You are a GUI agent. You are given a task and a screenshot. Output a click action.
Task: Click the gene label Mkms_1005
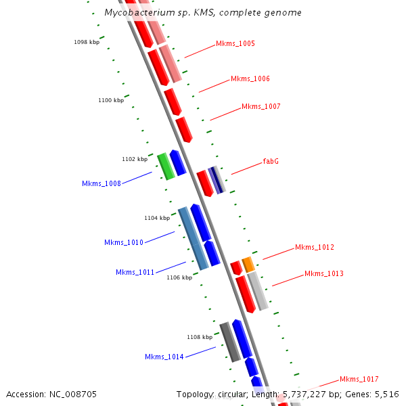(235, 44)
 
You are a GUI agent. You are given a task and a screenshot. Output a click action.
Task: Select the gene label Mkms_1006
(250, 79)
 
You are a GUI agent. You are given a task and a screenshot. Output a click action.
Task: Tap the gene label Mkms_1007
(261, 107)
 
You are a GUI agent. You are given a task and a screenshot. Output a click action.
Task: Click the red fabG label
(271, 162)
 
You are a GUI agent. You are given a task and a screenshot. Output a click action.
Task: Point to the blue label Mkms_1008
(101, 184)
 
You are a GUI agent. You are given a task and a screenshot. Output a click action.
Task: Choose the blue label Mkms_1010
(124, 242)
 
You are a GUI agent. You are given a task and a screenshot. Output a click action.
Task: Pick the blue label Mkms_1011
(135, 273)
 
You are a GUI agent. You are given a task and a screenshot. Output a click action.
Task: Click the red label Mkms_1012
(315, 248)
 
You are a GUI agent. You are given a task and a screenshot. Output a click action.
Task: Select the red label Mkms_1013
(324, 274)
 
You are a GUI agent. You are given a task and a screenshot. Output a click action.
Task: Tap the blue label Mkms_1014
(164, 357)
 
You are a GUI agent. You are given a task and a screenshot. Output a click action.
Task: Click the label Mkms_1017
(359, 380)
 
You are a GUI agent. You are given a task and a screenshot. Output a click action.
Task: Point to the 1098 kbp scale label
(87, 43)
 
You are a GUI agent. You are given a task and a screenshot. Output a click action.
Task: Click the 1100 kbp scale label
(111, 101)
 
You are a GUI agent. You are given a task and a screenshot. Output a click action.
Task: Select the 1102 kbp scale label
(135, 160)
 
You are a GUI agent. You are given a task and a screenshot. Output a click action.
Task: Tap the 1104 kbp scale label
(157, 219)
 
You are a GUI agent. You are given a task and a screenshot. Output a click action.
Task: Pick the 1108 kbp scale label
(200, 337)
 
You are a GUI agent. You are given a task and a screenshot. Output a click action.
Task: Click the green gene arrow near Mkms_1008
(166, 166)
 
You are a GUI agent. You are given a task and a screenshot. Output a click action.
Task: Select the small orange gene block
(248, 264)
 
